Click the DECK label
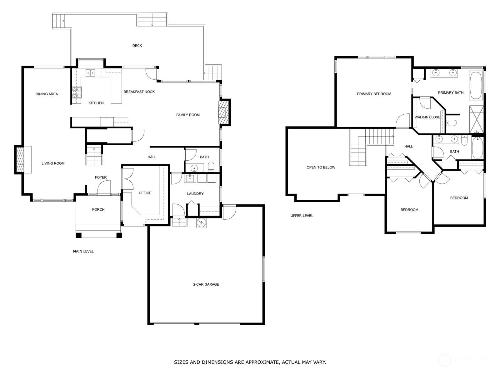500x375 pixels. [x=137, y=46]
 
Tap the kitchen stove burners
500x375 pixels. [x=77, y=92]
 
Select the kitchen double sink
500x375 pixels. [x=91, y=72]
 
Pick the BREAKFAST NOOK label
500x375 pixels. [x=139, y=92]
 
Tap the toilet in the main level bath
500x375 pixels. [x=211, y=167]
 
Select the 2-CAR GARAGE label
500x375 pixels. [x=206, y=284]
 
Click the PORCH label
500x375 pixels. [x=98, y=209]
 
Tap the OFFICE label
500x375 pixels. [x=145, y=193]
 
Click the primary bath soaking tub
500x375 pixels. [x=476, y=85]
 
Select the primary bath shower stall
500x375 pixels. [x=476, y=120]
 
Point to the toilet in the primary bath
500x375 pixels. [x=451, y=123]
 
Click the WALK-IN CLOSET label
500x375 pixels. [x=428, y=117]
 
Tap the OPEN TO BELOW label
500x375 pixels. [x=321, y=167]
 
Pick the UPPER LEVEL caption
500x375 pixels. [x=302, y=216]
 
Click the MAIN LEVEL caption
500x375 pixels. [x=83, y=251]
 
